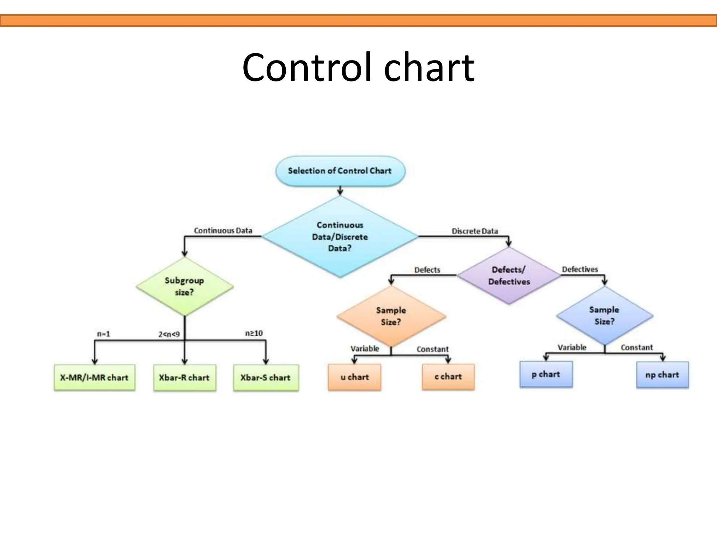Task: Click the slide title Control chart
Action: click(358, 67)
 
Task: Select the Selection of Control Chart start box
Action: click(340, 171)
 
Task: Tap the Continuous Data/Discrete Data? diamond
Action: click(340, 237)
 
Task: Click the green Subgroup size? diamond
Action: click(185, 286)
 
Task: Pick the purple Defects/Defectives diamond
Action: click(509, 275)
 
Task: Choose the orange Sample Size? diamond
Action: click(391, 316)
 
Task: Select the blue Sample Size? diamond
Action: click(604, 315)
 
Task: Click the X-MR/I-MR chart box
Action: click(95, 378)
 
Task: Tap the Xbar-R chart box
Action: click(185, 378)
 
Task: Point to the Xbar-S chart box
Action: click(266, 378)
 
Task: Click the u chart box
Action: click(355, 377)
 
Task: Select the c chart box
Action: click(448, 377)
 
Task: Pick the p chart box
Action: click(546, 374)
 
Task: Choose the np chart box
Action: click(662, 375)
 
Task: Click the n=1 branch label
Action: click(104, 334)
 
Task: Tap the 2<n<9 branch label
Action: click(169, 335)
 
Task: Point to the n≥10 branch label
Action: click(254, 333)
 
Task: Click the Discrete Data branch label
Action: click(475, 231)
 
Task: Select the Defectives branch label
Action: click(580, 269)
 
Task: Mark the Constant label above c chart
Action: click(432, 349)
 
